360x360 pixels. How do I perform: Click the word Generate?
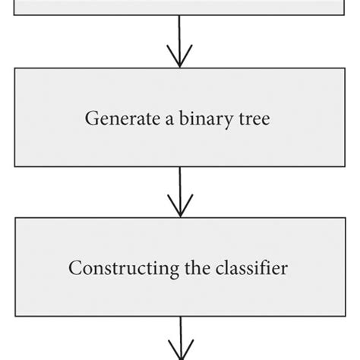(x=110, y=119)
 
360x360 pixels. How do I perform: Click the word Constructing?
(x=111, y=268)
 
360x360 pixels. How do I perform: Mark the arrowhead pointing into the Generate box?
(x=180, y=61)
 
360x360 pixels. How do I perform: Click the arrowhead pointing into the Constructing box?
(x=180, y=210)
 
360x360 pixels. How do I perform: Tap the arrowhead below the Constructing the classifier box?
(x=180, y=352)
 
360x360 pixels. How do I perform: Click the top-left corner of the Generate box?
(x=15, y=69)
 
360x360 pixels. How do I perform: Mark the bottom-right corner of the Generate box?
(x=345, y=166)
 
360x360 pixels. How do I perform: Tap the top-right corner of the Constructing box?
(x=345, y=219)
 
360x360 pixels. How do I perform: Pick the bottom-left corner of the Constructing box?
(x=15, y=317)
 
